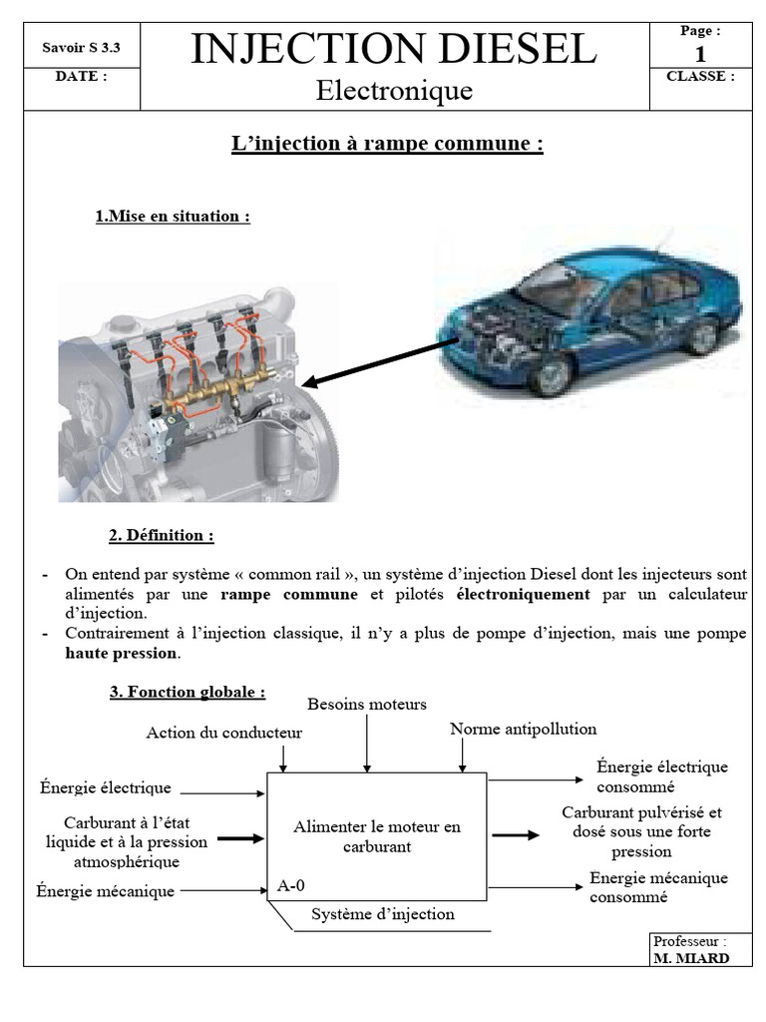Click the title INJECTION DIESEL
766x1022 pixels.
click(x=393, y=48)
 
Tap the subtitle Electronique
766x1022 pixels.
click(x=394, y=92)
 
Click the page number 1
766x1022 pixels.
click(x=700, y=53)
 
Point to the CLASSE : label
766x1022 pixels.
click(x=700, y=76)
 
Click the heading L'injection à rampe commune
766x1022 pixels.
click(x=387, y=144)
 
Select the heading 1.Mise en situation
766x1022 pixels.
click(x=173, y=217)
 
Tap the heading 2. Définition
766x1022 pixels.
click(x=162, y=536)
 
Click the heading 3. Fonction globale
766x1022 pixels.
click(x=188, y=692)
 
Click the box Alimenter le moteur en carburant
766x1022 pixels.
click(x=377, y=836)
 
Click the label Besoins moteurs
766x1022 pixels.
click(x=366, y=704)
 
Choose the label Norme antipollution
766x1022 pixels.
click(x=523, y=729)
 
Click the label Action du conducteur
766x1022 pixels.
click(x=223, y=733)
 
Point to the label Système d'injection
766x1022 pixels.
click(x=382, y=914)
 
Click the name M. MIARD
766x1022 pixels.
click(x=690, y=958)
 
